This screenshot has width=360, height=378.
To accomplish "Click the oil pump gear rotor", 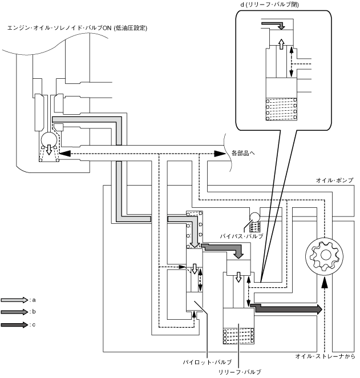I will [323, 255].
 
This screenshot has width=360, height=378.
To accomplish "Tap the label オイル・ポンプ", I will [335, 180].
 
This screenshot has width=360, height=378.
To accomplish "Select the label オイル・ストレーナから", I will [325, 356].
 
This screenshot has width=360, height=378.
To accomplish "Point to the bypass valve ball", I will [254, 216].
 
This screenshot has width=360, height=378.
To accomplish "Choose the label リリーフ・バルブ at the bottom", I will [240, 372].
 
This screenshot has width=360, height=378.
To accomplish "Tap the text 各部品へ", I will [244, 153].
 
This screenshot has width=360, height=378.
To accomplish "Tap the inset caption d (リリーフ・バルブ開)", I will [270, 5].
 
